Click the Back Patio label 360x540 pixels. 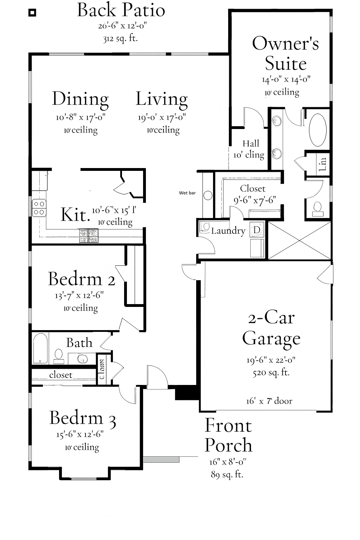coord(121,10)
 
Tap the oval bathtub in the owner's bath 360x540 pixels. coord(317,130)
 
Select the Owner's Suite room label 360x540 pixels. coord(285,53)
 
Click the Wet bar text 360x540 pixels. coord(187,193)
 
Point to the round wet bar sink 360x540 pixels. coord(208,195)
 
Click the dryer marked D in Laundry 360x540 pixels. coord(257,230)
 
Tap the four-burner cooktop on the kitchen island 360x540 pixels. coord(88,236)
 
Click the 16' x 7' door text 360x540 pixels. coord(269,401)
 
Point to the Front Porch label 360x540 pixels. coord(228,435)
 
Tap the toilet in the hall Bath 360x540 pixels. coord(59,355)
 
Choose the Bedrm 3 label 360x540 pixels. coord(83,418)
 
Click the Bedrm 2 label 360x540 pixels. coord(81,279)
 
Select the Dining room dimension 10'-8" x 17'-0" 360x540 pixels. coord(81,117)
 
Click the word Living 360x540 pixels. coord(162,99)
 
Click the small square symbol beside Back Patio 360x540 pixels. coord(32,13)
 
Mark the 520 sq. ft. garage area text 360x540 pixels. coord(271,373)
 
